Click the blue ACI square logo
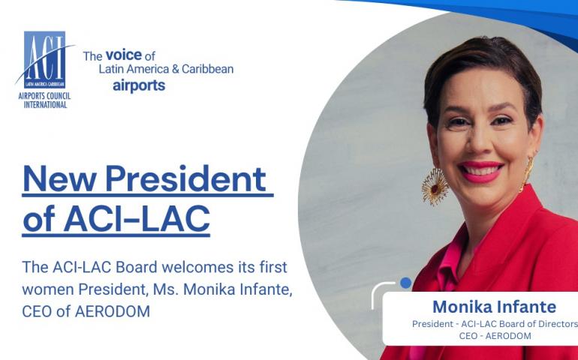pyautogui.click(x=44, y=60)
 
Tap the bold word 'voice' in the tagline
pyautogui.click(x=124, y=55)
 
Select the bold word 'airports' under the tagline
pyautogui.click(x=139, y=85)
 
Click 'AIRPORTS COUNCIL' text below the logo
pyautogui.click(x=44, y=97)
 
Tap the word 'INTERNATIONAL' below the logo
pyautogui.click(x=45, y=105)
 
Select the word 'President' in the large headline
pyautogui.click(x=185, y=178)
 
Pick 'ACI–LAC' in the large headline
pyautogui.click(x=137, y=219)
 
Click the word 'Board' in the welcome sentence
pyautogui.click(x=137, y=267)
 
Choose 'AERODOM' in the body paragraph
pyautogui.click(x=113, y=312)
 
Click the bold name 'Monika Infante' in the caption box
pyautogui.click(x=495, y=307)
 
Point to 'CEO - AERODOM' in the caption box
pyautogui.click(x=495, y=336)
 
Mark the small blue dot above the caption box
pyautogui.click(x=405, y=283)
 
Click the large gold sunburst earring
pyautogui.click(x=435, y=186)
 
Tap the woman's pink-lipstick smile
pyautogui.click(x=480, y=171)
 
